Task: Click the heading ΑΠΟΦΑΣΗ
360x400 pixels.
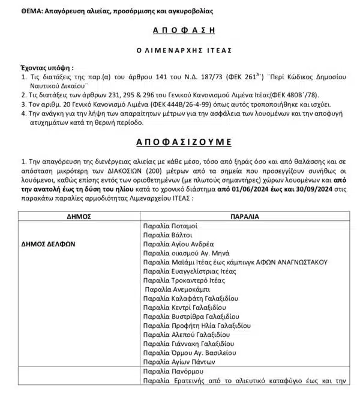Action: pyautogui.click(x=180, y=29)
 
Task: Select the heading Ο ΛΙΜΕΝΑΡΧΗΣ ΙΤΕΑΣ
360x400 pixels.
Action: pyautogui.click(x=180, y=50)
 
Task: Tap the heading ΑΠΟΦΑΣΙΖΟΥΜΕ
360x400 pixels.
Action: pyautogui.click(x=180, y=142)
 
